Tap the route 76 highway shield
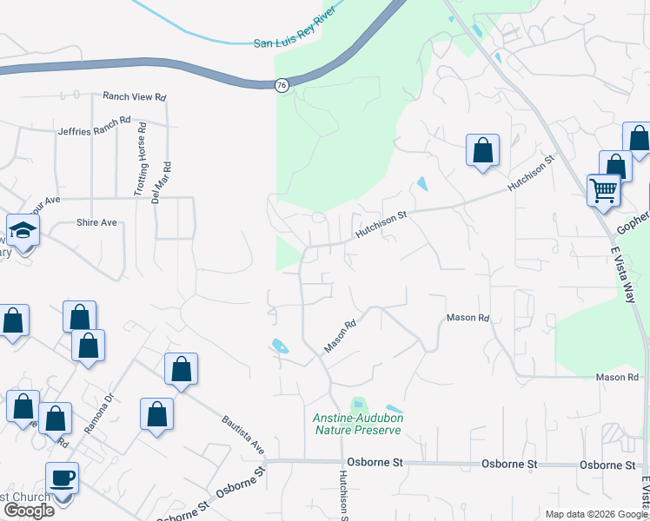click(282, 85)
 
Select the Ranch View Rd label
click(134, 97)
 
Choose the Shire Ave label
click(96, 222)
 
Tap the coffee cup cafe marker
click(62, 478)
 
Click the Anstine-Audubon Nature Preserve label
click(358, 424)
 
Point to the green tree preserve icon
click(357, 405)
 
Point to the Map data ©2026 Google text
click(596, 514)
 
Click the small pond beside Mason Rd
click(279, 345)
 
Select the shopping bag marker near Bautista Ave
click(181, 369)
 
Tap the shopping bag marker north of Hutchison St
click(482, 150)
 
